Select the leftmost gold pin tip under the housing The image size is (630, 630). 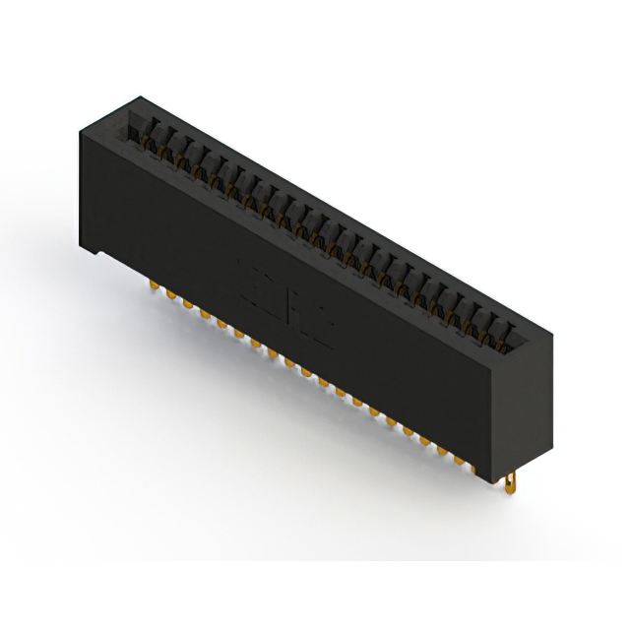click(x=154, y=286)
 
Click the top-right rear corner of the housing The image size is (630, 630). click(x=547, y=325)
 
